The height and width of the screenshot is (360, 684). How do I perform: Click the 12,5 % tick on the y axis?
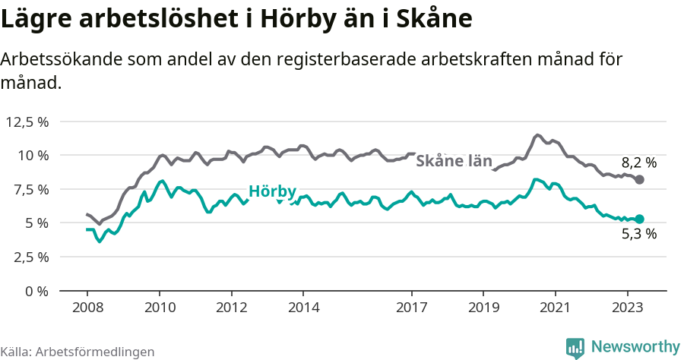tap(27, 122)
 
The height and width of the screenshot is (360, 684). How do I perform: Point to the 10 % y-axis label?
tap(32, 155)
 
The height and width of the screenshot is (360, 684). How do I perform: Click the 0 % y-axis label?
tap(36, 291)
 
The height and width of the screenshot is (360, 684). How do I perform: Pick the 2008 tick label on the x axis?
tap(87, 308)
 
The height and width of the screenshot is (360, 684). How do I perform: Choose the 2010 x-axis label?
tap(160, 308)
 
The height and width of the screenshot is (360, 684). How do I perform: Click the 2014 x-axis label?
tap(303, 308)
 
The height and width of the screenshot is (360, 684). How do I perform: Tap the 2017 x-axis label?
tap(412, 308)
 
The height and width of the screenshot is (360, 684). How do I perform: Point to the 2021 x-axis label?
tap(556, 308)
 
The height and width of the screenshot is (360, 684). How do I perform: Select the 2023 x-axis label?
tap(628, 308)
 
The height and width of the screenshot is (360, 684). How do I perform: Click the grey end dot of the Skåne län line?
tap(640, 179)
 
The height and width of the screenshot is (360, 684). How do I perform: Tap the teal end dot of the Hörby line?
tap(640, 219)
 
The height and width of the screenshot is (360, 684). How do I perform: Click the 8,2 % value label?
tap(638, 162)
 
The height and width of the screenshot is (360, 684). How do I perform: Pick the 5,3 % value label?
tap(638, 234)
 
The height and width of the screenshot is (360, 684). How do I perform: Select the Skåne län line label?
tap(454, 160)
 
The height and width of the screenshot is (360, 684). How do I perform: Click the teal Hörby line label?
tap(272, 191)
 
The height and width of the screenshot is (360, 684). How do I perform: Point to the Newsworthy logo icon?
tap(575, 348)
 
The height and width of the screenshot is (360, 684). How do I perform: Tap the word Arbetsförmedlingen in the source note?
tap(95, 352)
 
